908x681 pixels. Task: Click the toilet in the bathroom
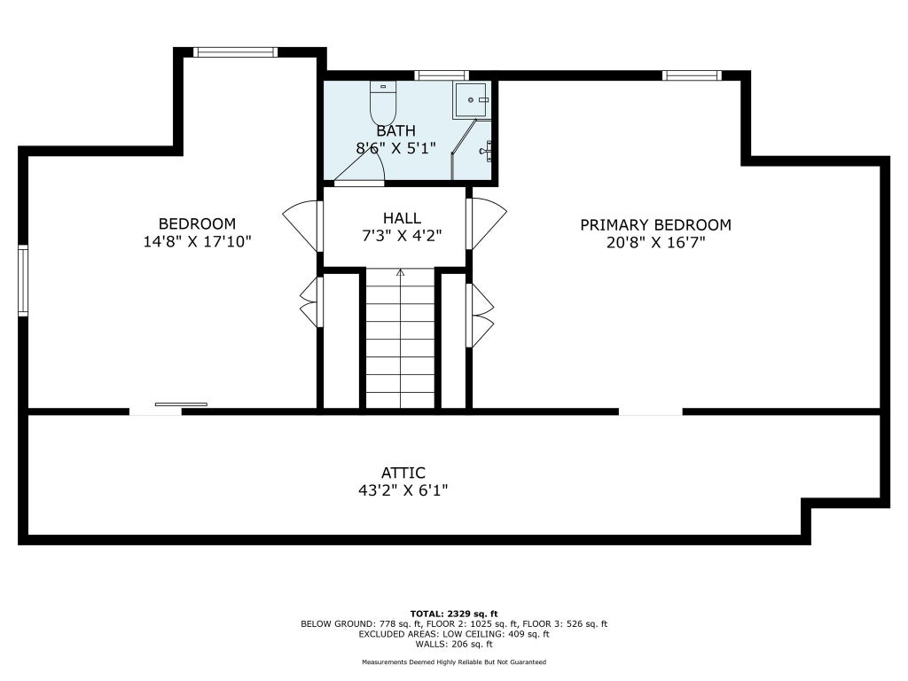[383, 102]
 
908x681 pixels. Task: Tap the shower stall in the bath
[472, 99]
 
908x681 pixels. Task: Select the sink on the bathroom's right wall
[486, 151]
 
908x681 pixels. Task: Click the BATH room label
[396, 131]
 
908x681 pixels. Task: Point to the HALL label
[402, 218]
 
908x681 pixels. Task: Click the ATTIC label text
[403, 474]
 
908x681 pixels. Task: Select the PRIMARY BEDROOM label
[655, 224]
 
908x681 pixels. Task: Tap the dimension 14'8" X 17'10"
[197, 241]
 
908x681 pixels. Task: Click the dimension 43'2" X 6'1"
[403, 491]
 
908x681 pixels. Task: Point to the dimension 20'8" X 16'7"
[655, 243]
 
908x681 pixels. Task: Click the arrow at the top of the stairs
[400, 272]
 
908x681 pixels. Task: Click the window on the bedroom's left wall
[23, 280]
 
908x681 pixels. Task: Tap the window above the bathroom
[442, 75]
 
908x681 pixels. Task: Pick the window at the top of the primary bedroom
[692, 75]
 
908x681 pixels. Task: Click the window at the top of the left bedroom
[235, 52]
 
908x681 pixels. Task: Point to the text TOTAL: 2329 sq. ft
[454, 614]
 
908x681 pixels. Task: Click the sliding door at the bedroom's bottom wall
[181, 404]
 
